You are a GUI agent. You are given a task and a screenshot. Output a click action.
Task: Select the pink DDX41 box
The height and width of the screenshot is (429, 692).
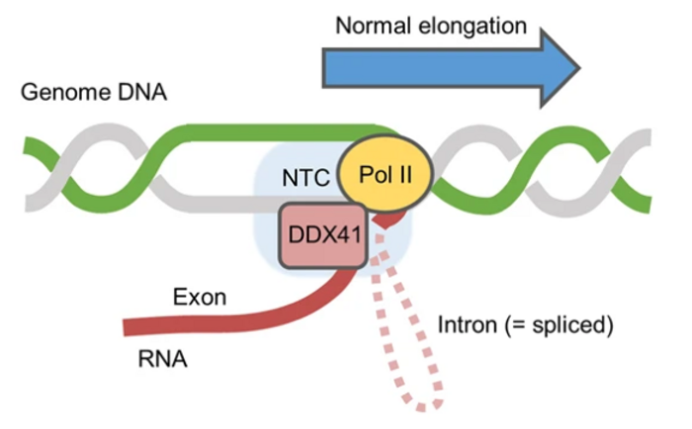coord(321,238)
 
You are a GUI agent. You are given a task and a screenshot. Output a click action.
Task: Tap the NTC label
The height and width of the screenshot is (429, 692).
coord(303,180)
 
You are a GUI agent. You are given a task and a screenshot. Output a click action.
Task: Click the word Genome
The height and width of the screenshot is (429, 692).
coord(60,93)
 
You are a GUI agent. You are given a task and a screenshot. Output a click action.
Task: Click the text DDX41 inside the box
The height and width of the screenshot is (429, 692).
coord(321,238)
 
